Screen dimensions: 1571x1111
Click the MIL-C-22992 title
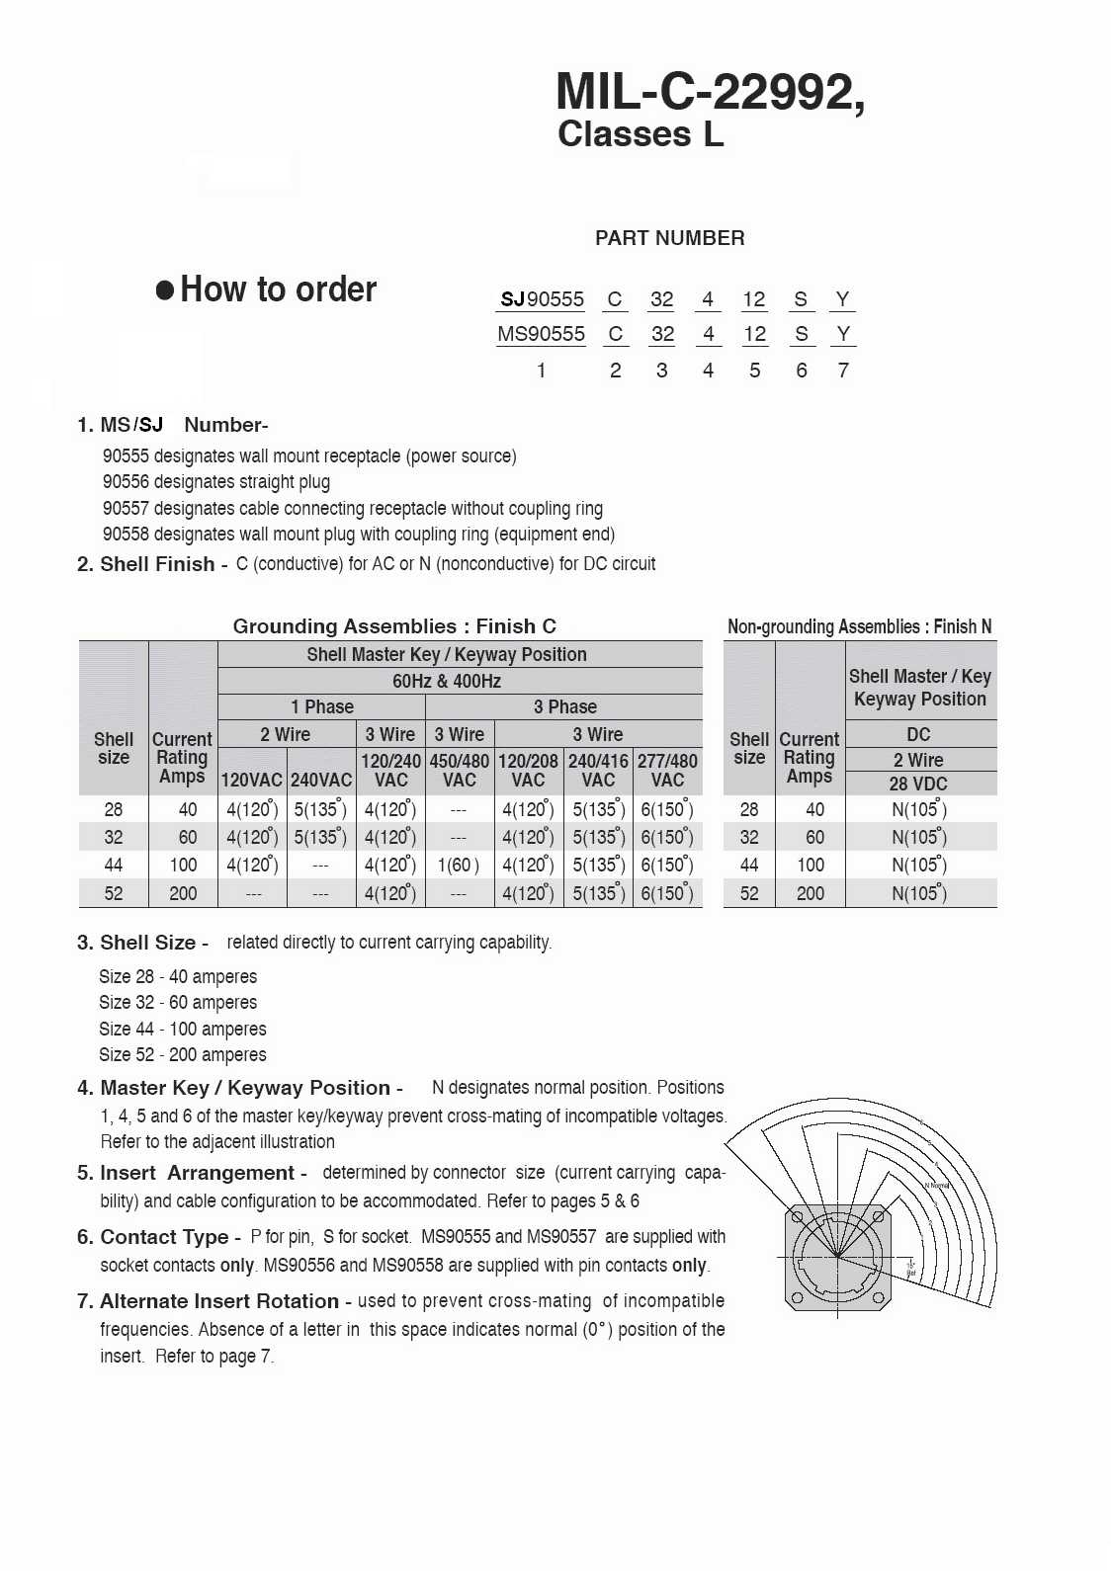pos(710,93)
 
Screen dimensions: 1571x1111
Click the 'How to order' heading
pos(278,289)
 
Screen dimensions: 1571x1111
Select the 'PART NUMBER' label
pos(669,238)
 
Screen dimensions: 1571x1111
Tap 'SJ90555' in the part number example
pos(542,299)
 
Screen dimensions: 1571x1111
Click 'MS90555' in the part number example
pos(541,334)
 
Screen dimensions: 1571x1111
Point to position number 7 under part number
pos(842,371)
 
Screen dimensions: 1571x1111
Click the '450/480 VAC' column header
pos(460,771)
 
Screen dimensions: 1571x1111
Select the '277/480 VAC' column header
pos(667,771)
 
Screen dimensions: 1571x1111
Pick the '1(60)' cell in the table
pos(459,866)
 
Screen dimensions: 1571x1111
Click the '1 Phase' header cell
pos(321,707)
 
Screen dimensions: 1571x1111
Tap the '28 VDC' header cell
pos(918,784)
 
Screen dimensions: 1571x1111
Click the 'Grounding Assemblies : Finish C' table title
pos(394,626)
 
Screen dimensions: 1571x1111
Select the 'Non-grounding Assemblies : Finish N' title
pos(859,626)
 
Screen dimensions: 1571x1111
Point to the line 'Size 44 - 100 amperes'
pos(183,1029)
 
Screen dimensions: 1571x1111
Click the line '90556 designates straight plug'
pos(216,482)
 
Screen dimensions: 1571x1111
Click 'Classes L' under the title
pos(641,134)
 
